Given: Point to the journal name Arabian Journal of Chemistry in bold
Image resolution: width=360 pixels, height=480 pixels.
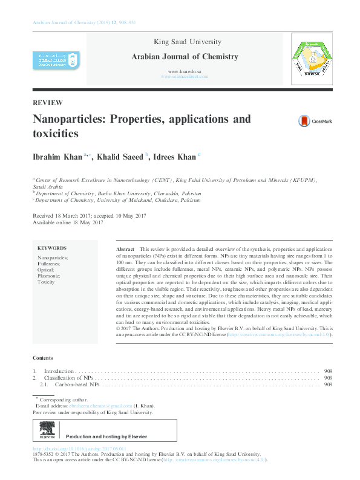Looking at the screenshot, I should (x=185, y=57).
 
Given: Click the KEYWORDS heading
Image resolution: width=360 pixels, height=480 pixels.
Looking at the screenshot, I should (x=52, y=248).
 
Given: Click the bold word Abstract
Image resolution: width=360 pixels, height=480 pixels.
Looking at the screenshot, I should (x=125, y=249).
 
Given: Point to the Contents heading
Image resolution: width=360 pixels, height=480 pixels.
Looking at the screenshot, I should (x=42, y=358).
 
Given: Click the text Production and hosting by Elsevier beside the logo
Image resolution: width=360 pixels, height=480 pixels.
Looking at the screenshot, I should (x=106, y=436).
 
